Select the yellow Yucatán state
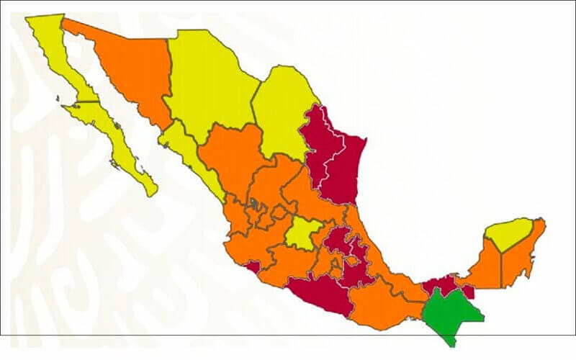[507, 234]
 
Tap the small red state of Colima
[251, 267]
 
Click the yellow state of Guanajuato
[302, 234]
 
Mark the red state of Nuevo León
[317, 144]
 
